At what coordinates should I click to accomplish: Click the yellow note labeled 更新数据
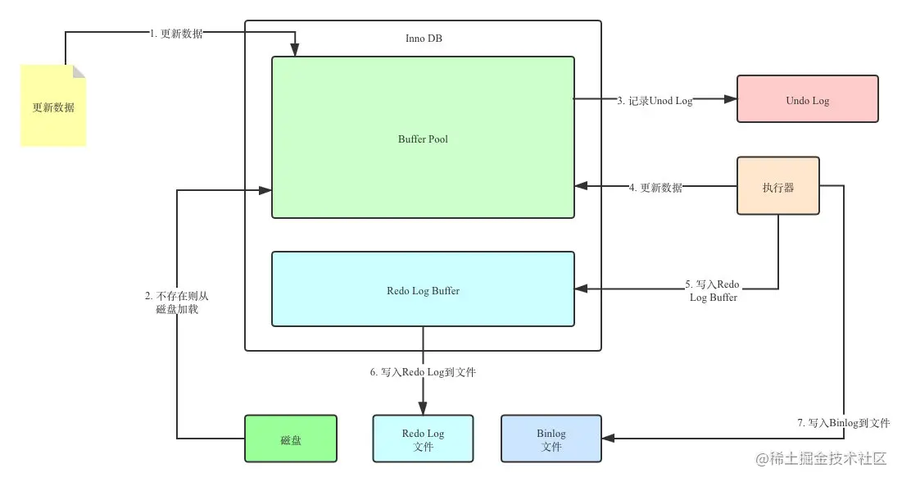(x=53, y=107)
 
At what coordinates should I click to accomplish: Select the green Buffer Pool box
(x=423, y=138)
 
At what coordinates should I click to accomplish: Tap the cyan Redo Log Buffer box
(x=423, y=290)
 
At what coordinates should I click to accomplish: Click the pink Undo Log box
(x=807, y=100)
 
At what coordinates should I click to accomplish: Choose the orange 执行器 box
(x=777, y=186)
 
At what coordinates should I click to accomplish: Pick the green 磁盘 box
(x=291, y=439)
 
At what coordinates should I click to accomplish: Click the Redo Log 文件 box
(x=423, y=439)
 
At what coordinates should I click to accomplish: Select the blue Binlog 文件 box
(x=551, y=439)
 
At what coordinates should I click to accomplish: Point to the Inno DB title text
(x=424, y=39)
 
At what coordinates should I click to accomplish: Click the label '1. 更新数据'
(x=177, y=34)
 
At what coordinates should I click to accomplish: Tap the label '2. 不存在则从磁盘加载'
(x=177, y=302)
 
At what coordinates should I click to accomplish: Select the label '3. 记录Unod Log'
(x=655, y=100)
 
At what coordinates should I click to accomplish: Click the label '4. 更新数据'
(x=655, y=187)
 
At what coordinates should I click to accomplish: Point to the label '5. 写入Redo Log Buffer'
(x=712, y=291)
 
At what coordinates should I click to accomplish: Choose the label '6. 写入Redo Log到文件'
(x=423, y=372)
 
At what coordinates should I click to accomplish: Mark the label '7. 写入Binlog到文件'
(x=843, y=423)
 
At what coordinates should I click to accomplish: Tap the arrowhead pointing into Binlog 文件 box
(x=609, y=439)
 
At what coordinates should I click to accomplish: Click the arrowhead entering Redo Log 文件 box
(x=423, y=408)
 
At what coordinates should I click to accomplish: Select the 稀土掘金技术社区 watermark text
(x=827, y=459)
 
